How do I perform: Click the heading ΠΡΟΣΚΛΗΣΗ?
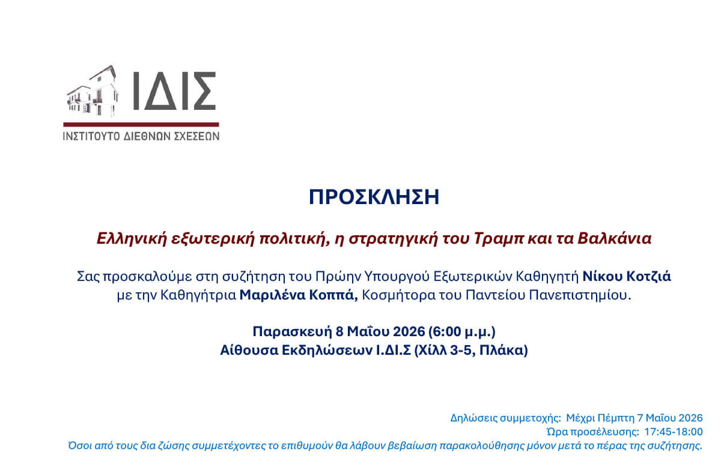click(374, 197)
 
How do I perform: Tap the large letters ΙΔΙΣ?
click(174, 91)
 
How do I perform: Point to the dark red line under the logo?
click(141, 124)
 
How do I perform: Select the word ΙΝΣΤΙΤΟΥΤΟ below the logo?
click(91, 136)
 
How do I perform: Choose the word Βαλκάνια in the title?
click(615, 238)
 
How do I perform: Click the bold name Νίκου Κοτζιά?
click(627, 277)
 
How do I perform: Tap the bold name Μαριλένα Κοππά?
click(299, 295)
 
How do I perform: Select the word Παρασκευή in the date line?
click(292, 331)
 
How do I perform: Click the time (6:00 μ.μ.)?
click(462, 331)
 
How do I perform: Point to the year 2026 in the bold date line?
click(409, 331)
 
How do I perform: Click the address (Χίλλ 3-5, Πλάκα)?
click(471, 350)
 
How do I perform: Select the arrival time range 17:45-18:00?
click(674, 432)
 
